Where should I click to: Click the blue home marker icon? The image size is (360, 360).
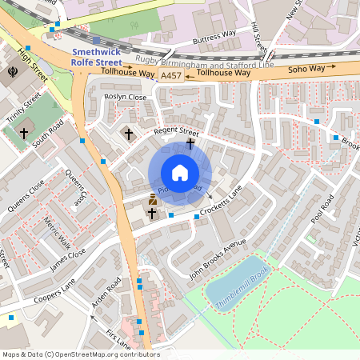click(x=180, y=173)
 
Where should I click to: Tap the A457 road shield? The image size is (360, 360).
click(x=170, y=75)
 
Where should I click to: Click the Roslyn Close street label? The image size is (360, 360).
click(x=126, y=97)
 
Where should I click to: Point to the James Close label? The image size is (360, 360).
click(x=67, y=256)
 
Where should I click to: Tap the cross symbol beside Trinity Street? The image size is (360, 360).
click(x=24, y=133)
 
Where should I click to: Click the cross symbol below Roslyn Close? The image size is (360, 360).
click(x=129, y=133)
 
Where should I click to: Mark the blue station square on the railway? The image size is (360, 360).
click(x=96, y=39)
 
